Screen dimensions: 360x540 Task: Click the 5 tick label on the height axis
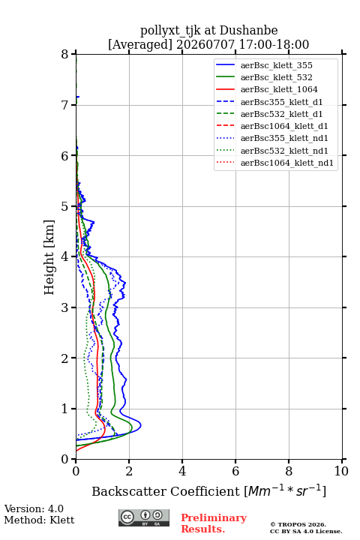coord(65,206)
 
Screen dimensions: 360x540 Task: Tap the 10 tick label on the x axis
coord(341,471)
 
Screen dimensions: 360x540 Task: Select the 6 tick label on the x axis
coord(235,471)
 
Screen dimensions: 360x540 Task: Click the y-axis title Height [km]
coord(49,257)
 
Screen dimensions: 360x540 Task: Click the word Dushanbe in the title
coord(248,30)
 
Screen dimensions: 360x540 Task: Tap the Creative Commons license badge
coord(144,518)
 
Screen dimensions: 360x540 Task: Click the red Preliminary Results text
coord(214,523)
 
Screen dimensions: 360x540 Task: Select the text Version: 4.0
coord(34,508)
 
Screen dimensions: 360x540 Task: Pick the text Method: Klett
coord(39,520)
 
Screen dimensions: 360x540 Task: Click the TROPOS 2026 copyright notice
coord(298,524)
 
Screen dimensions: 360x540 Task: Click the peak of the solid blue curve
coord(141,426)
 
